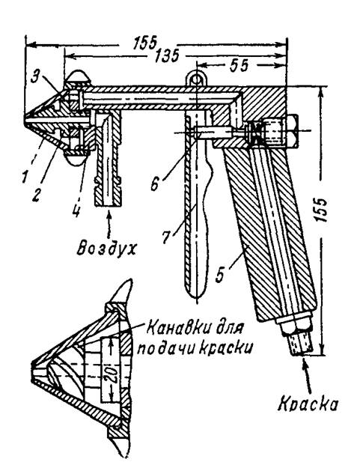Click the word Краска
point(308,404)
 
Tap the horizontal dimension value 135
point(167,55)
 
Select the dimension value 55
point(239,66)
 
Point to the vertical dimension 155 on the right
point(322,210)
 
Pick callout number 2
point(36,195)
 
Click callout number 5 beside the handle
point(220,276)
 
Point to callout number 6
point(155,184)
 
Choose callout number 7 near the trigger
point(166,237)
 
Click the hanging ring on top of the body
point(195,79)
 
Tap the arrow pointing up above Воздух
point(109,224)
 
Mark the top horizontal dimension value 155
point(145,43)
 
